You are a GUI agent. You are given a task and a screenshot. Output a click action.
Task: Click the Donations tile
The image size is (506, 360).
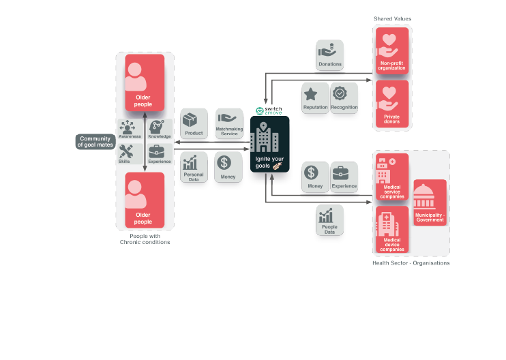330,55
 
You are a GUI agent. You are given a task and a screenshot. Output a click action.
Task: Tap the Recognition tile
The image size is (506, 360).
344,99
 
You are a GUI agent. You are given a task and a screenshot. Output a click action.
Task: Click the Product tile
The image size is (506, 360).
194,125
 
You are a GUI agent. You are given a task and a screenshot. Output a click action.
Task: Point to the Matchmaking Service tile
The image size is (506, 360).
230,125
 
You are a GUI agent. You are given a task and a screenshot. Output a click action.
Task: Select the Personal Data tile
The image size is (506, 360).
194,168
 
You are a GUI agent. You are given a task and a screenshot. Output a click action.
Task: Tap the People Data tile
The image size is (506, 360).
329,222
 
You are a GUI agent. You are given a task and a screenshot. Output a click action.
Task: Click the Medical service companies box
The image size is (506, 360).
391,177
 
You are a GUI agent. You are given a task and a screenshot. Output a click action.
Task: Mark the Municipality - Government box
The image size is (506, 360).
430,202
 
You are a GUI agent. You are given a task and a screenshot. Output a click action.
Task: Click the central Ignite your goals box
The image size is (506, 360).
270,150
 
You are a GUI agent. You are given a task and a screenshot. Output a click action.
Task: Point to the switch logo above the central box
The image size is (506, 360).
269,110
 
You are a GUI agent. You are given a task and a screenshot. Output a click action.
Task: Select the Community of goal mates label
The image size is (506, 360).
94,142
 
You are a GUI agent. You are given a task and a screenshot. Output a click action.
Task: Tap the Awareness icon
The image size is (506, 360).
129,130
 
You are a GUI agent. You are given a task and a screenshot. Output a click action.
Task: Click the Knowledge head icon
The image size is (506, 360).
158,130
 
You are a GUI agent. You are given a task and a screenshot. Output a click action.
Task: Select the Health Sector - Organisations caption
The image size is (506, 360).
411,263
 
